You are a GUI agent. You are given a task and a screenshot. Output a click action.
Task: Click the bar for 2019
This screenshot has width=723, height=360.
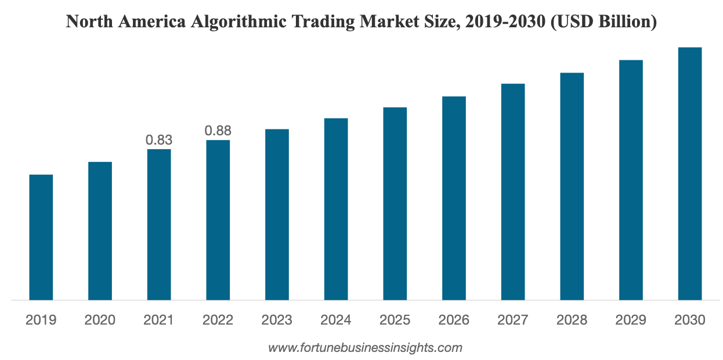(41, 237)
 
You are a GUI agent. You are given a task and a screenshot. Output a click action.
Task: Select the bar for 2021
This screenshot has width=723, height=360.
(159, 224)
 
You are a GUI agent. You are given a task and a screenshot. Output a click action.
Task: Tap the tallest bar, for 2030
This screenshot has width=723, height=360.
(689, 174)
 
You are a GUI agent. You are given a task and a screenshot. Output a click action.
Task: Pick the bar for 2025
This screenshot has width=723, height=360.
(395, 203)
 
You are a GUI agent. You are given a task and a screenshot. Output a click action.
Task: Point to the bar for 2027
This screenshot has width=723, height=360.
(512, 192)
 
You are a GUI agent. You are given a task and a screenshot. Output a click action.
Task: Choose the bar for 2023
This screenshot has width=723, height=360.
(277, 214)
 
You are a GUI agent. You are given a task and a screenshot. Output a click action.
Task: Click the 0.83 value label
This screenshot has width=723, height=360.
(159, 140)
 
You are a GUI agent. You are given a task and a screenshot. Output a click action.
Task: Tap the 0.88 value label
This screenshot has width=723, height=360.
(218, 131)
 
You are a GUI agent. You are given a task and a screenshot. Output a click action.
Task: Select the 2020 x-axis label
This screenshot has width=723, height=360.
(100, 320)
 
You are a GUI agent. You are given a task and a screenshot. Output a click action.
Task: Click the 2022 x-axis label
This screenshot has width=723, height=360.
(218, 320)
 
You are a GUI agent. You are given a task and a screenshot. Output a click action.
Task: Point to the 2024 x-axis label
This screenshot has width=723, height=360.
(335, 320)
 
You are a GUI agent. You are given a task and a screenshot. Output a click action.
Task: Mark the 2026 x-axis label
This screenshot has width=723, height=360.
(454, 320)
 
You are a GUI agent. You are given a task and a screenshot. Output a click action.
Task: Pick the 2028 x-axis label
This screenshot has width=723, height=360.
(572, 320)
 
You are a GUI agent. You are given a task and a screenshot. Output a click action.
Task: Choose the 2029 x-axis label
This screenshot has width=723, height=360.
(631, 320)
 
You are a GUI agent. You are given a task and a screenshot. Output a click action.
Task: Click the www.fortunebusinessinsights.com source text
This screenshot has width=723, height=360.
(365, 348)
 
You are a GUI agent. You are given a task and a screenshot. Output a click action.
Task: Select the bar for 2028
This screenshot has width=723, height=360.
(572, 186)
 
